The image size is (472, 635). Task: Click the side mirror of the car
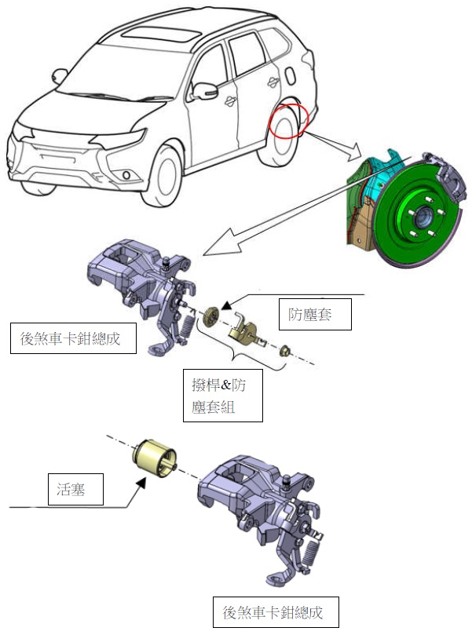[207, 90]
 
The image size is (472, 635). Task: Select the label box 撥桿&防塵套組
[222, 396]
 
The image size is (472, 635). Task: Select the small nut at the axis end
[286, 352]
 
